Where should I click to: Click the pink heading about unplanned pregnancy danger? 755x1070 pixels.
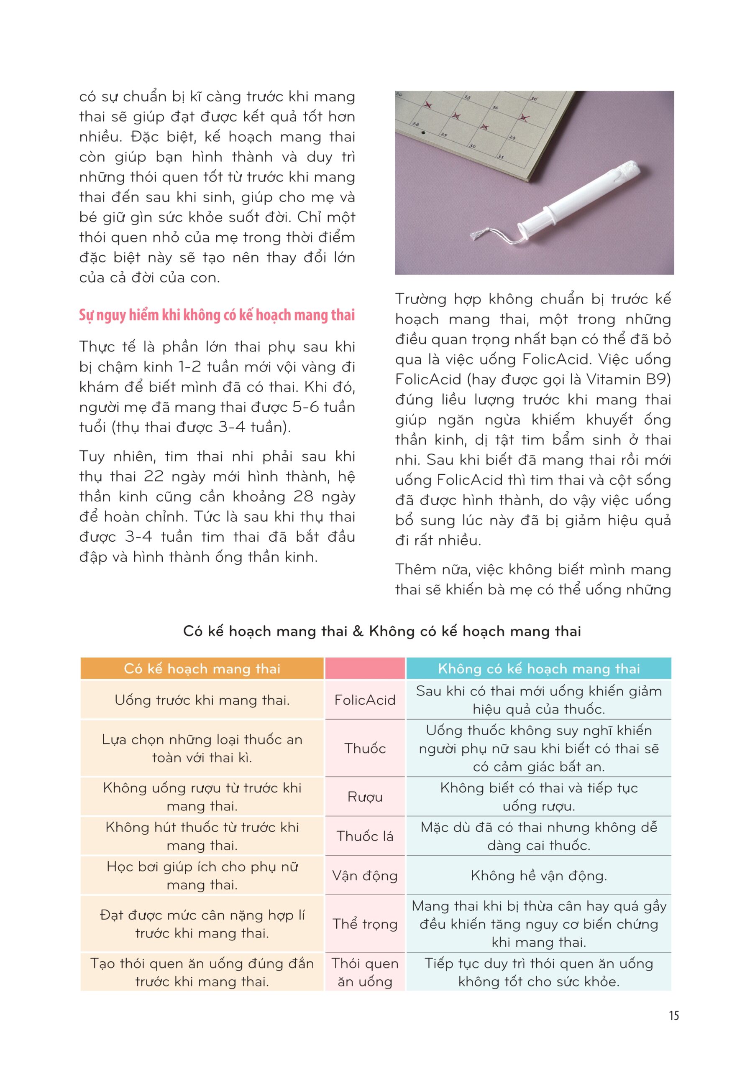(217, 315)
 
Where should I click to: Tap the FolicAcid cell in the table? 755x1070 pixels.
(365, 700)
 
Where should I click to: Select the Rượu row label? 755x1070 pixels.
(365, 797)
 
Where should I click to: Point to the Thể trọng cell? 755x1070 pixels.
(365, 924)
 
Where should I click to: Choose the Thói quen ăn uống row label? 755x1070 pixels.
(365, 972)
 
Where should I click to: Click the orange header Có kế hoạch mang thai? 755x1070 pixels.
(202, 669)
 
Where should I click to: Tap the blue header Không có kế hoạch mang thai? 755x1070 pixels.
(539, 669)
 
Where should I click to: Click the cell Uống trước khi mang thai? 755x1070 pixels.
(202, 700)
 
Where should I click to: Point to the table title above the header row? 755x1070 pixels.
(382, 631)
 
